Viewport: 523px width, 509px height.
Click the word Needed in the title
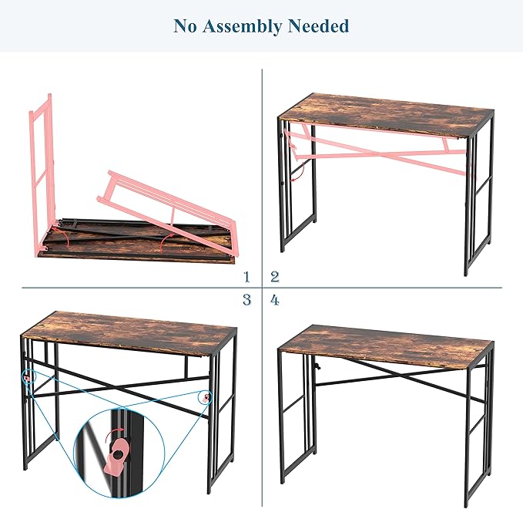click(x=319, y=25)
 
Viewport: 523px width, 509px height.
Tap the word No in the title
click(x=185, y=25)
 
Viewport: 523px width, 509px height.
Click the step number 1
click(x=246, y=277)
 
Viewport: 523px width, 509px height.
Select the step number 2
click(x=275, y=277)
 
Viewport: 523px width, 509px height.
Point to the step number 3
click(x=246, y=299)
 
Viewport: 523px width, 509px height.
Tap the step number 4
click(x=274, y=300)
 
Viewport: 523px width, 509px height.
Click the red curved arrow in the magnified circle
click(x=113, y=434)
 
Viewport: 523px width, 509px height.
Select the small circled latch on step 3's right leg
click(x=206, y=397)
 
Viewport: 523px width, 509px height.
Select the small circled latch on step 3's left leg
click(x=28, y=377)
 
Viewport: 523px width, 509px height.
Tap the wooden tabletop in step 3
click(x=130, y=332)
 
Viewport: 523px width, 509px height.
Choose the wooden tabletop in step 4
click(x=386, y=346)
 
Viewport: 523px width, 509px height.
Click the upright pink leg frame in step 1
click(x=42, y=174)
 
